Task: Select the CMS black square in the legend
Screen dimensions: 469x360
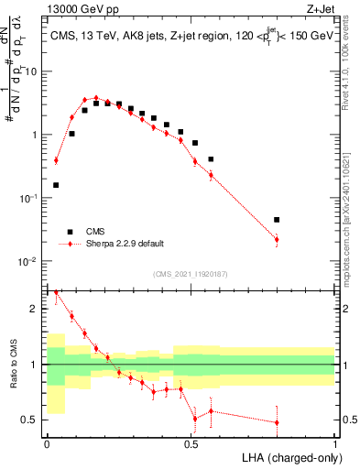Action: click(x=66, y=232)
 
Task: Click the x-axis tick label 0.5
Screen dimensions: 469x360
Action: click(x=191, y=444)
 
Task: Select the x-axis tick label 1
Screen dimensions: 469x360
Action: click(x=334, y=444)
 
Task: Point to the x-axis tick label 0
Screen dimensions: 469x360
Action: click(x=47, y=444)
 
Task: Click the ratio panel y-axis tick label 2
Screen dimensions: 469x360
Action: click(x=35, y=309)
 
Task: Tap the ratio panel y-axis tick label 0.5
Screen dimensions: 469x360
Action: click(x=30, y=420)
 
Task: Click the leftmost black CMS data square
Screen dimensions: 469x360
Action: click(x=56, y=185)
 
